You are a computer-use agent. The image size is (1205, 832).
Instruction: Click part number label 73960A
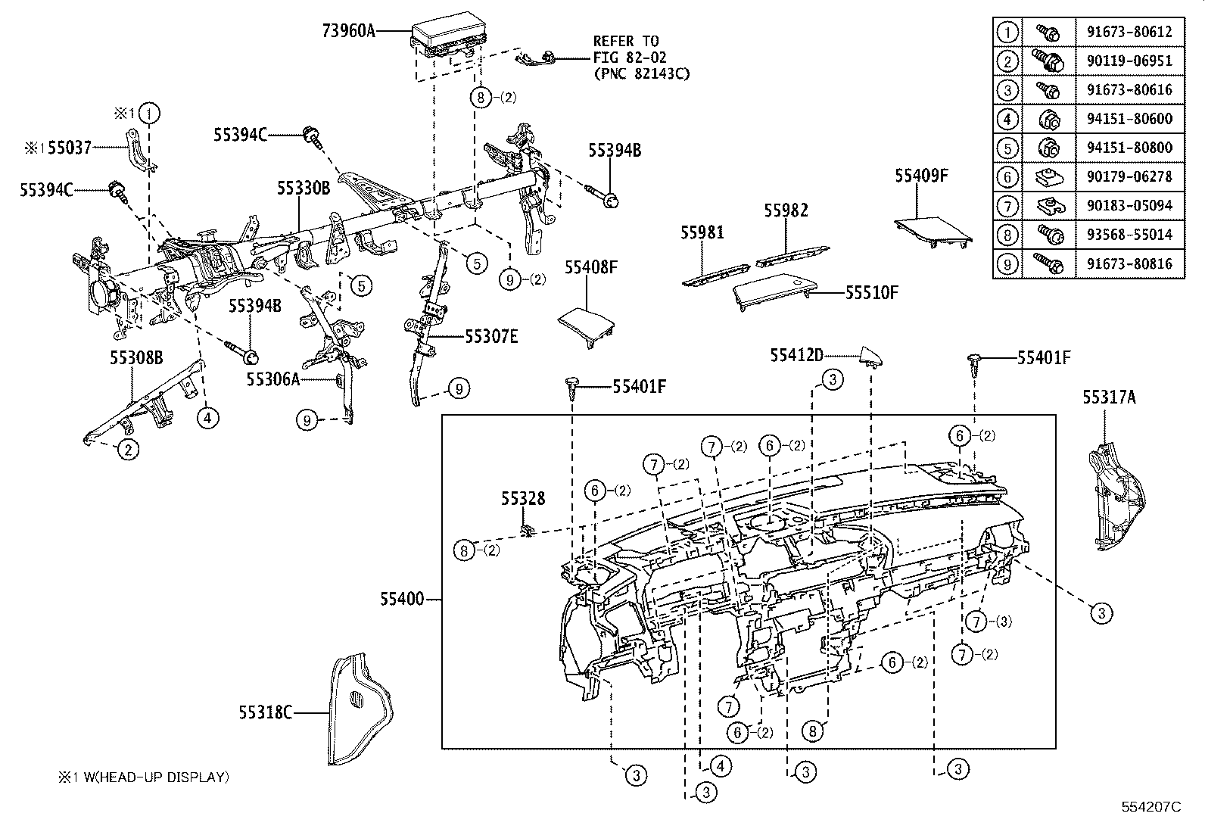349,30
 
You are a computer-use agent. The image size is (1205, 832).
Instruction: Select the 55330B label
303,189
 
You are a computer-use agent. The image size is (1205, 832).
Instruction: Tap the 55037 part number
70,148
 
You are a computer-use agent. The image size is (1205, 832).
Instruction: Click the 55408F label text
591,267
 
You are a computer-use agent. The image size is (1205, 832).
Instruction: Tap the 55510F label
871,292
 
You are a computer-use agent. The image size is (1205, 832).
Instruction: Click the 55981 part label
702,232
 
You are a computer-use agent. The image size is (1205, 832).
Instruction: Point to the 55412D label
797,354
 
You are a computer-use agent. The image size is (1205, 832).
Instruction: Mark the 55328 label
522,499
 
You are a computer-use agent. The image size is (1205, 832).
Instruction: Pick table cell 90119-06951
1129,61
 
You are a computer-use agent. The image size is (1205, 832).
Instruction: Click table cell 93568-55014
1129,235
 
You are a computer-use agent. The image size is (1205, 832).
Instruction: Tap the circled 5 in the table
1007,148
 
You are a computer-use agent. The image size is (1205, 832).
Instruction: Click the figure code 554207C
1151,807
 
